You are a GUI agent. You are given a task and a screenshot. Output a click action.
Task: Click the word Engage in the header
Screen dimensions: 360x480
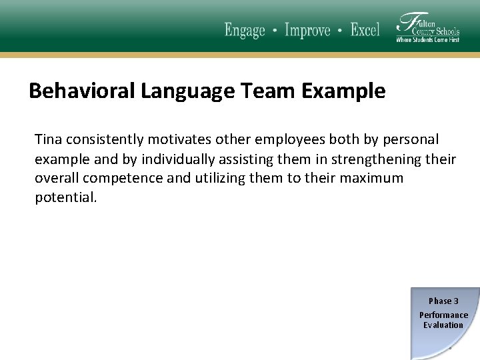[x=245, y=31]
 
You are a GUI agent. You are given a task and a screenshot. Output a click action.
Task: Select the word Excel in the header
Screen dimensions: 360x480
[x=365, y=31]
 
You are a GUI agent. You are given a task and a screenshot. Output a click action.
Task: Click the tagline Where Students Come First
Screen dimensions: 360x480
[x=427, y=40]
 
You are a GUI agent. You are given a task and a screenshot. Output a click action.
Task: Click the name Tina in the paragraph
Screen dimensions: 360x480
[x=48, y=139]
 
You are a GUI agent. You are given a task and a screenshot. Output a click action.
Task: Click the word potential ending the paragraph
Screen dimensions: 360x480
[x=66, y=198]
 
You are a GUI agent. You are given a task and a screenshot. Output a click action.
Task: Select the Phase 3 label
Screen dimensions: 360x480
[x=443, y=301]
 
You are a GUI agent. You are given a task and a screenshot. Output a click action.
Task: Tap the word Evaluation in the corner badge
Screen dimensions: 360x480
[x=443, y=325]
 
